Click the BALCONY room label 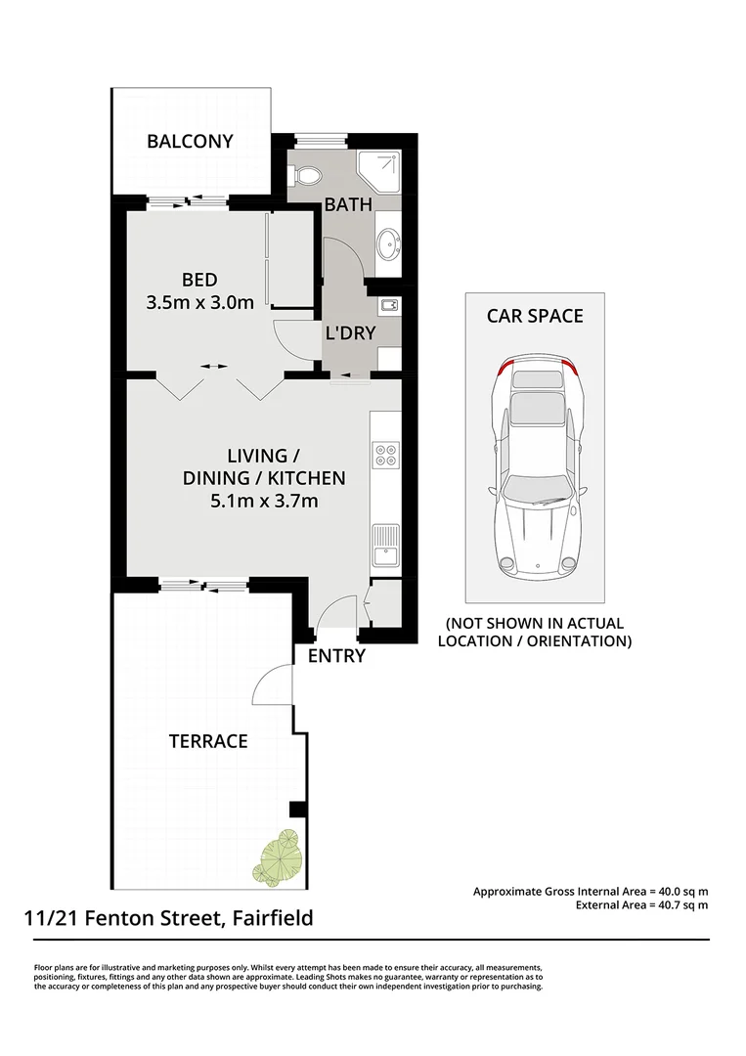(190, 142)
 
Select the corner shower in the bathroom (378, 172)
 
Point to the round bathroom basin (389, 243)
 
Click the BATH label (348, 204)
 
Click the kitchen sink (386, 546)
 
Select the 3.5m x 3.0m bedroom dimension (200, 302)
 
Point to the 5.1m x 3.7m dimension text (264, 501)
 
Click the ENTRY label (336, 656)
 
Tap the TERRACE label (208, 741)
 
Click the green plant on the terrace (277, 857)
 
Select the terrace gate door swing (272, 683)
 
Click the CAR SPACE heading (535, 316)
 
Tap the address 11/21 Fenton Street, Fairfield (168, 918)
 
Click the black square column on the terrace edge (297, 809)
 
